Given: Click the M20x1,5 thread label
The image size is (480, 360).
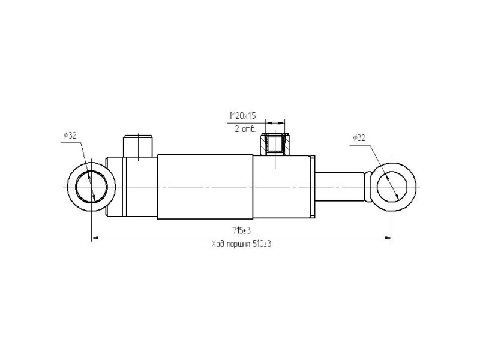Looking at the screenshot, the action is tap(243, 116).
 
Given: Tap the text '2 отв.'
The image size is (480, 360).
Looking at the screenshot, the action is tap(245, 129).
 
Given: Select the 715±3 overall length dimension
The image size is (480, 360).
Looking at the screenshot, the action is tap(242, 230).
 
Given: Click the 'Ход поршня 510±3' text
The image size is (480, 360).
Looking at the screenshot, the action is tap(242, 244).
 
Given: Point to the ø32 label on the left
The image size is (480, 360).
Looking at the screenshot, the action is tap(70, 136).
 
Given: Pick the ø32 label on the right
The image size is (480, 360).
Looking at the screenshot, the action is tap(359, 138).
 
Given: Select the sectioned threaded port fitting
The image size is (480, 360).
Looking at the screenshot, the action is tap(275, 144).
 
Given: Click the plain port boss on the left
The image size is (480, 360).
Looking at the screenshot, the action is tap(138, 146).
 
